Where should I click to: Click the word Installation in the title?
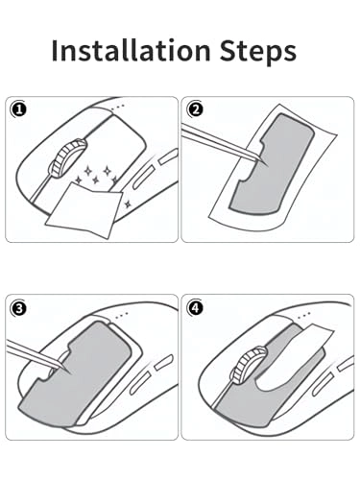coord(131,50)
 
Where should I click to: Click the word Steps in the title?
coord(258,52)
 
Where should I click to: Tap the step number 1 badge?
coord(19,109)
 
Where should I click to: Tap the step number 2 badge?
coord(196,109)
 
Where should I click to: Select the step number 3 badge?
coord(19,308)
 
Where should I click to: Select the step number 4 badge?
coord(196,308)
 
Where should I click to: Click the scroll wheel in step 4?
coord(250,365)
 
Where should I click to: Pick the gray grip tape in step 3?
coord(75,374)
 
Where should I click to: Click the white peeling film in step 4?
coord(296,358)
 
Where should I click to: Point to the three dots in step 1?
coord(118,107)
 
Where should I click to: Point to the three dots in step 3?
coord(122,316)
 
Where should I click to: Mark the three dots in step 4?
coord(303,315)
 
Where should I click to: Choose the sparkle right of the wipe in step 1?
coord(128,204)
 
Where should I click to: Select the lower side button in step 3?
coord(138,383)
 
